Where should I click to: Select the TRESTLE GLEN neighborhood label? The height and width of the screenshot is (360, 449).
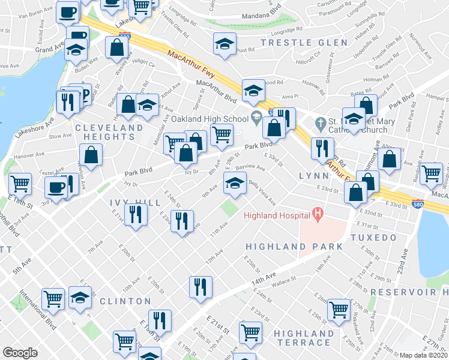tap(304, 43)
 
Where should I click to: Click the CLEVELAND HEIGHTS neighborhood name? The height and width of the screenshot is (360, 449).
tap(105, 133)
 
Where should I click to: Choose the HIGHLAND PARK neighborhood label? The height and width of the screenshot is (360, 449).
tap(295, 247)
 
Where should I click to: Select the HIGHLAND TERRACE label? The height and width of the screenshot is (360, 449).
tap(304, 338)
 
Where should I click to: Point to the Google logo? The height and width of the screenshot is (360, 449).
tap(20, 353)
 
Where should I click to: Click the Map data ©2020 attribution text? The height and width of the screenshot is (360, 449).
tap(424, 355)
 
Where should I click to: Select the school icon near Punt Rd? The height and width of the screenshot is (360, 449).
tap(224, 44)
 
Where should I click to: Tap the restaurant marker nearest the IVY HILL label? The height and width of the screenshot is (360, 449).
tap(136, 214)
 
